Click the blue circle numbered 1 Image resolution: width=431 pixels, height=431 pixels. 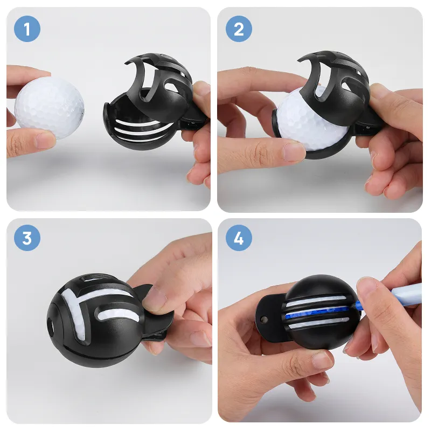pyautogui.click(x=27, y=29)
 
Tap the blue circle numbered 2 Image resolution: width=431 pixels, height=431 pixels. pyautogui.click(x=239, y=29)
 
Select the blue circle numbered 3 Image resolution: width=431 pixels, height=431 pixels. pyautogui.click(x=27, y=238)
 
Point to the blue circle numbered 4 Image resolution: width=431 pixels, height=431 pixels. pyautogui.click(x=239, y=238)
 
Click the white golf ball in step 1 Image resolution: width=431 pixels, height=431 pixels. pyautogui.click(x=50, y=107)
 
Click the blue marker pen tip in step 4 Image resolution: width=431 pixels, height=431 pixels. pyautogui.click(x=359, y=305)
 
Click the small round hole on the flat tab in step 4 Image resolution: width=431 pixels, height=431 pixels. pyautogui.click(x=264, y=319)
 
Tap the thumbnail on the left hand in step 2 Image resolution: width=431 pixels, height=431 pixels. pyautogui.click(x=294, y=152)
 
